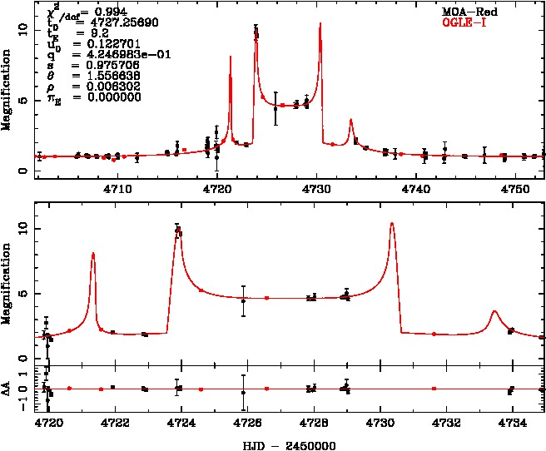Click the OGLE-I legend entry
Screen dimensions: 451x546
(x=470, y=24)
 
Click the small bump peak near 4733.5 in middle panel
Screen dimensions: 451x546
(x=494, y=311)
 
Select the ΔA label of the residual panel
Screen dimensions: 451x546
(x=7, y=389)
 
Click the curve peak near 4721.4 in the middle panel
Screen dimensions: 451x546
(x=93, y=253)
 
